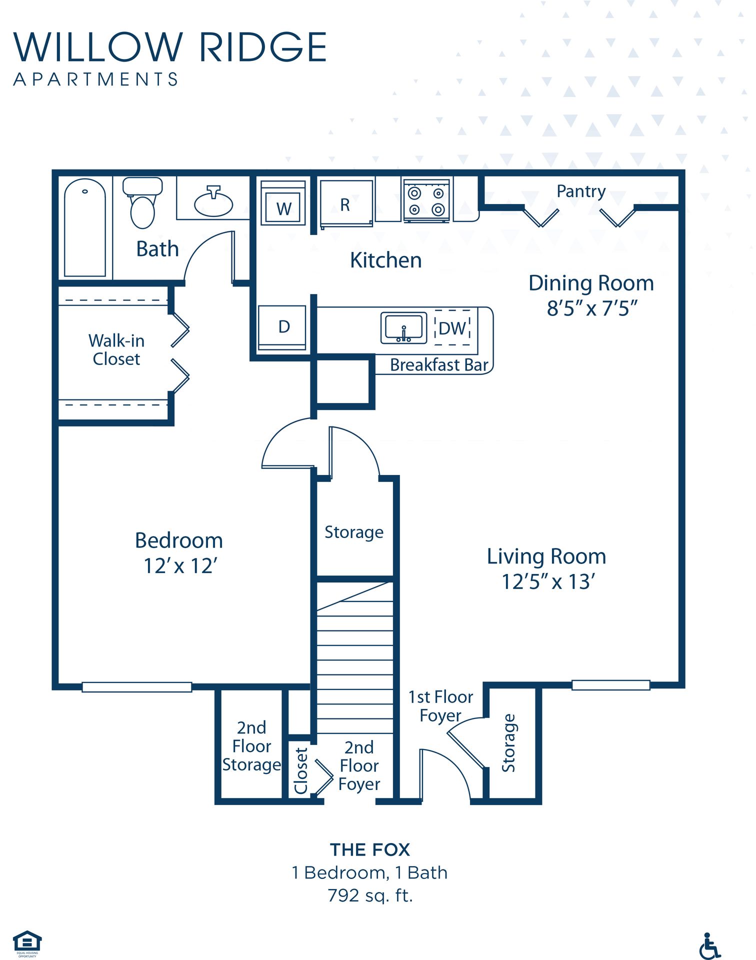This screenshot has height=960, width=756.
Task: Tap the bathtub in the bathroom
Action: (85, 227)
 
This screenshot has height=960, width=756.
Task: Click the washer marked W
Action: (283, 204)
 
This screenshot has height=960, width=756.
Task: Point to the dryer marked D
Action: (282, 327)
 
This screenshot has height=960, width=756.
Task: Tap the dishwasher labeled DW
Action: (452, 328)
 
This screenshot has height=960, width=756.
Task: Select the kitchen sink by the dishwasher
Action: (404, 328)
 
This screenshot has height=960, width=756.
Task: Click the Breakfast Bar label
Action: (438, 365)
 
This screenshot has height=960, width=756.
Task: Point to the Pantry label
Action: (581, 191)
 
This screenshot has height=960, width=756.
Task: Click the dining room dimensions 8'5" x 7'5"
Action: (592, 308)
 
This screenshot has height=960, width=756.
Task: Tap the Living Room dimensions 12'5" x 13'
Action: (548, 581)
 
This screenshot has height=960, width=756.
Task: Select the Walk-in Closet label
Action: (116, 349)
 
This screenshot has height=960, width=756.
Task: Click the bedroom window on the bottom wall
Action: (136, 687)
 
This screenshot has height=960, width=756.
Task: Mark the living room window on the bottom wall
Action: (610, 685)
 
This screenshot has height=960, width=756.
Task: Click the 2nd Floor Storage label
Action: (251, 746)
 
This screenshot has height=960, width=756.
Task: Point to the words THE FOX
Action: (370, 850)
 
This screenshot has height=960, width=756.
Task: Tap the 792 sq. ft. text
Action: (370, 895)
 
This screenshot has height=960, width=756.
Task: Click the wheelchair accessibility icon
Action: (708, 945)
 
